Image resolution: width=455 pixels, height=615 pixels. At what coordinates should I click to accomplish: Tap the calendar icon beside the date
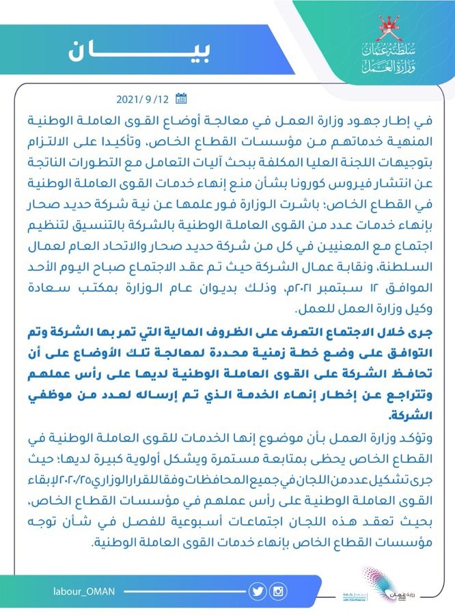tap(180, 96)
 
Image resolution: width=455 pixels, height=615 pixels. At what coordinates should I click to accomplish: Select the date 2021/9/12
tap(150, 97)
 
